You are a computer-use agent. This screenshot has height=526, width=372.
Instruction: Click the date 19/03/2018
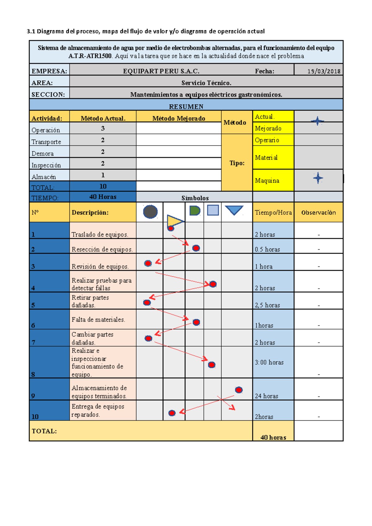(x=324, y=71)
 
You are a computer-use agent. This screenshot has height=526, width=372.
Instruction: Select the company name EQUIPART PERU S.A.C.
(x=161, y=71)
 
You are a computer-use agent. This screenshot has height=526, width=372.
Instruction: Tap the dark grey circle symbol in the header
(x=150, y=212)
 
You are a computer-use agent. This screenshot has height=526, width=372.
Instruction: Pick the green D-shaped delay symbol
(x=195, y=211)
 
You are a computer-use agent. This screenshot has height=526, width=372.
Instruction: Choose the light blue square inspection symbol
(x=213, y=210)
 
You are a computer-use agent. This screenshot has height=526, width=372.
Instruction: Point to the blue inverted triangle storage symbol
(x=234, y=210)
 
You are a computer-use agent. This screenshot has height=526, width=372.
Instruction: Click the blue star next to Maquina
(x=318, y=178)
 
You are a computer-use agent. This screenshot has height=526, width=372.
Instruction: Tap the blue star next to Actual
(x=317, y=121)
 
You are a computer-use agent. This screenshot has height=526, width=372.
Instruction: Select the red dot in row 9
(x=239, y=390)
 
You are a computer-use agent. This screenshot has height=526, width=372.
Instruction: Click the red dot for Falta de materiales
(x=196, y=322)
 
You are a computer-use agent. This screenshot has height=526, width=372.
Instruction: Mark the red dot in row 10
(x=172, y=413)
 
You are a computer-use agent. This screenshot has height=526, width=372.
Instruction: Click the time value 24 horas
(x=267, y=396)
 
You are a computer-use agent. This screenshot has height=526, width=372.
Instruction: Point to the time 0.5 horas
(x=267, y=249)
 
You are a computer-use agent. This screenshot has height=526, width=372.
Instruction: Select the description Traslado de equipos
(x=100, y=235)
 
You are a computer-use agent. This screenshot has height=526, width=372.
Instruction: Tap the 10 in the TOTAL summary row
(x=103, y=186)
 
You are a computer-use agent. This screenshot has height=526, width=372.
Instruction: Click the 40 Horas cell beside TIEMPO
(x=103, y=197)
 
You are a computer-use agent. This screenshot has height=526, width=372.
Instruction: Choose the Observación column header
(x=318, y=213)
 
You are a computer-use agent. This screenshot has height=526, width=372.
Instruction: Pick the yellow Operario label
(x=267, y=140)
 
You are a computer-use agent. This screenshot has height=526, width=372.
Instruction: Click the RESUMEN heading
(x=186, y=107)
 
